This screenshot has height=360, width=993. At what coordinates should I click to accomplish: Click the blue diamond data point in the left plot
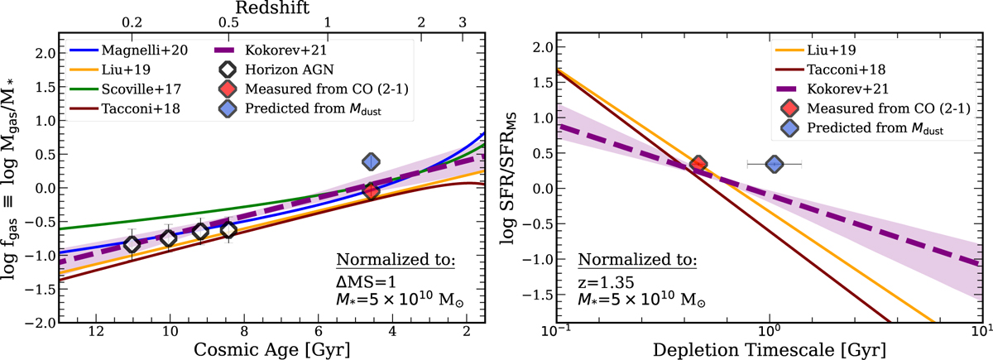pyautogui.click(x=371, y=162)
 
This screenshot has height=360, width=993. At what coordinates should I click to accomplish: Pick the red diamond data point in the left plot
pyautogui.click(x=371, y=191)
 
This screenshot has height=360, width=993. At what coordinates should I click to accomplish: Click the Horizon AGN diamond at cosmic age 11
pyautogui.click(x=132, y=244)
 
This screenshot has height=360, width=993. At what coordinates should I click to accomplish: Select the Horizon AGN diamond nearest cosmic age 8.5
pyautogui.click(x=228, y=229)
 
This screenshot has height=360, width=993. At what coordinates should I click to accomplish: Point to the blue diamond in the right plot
pyautogui.click(x=774, y=164)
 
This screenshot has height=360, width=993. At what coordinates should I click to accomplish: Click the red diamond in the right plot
pyautogui.click(x=698, y=164)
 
